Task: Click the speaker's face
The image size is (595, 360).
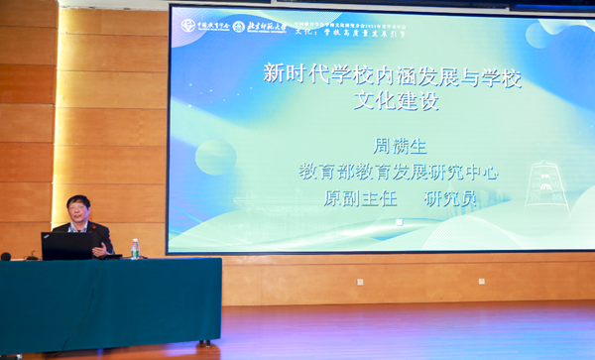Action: pos(77,211)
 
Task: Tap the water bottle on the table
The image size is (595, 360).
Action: pos(135,249)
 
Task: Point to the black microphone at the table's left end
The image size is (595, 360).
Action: pos(6,256)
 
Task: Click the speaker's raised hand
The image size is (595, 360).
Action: pos(99,248)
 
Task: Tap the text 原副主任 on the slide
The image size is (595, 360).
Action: pos(359,198)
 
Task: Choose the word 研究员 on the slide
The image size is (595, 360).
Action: pos(451,198)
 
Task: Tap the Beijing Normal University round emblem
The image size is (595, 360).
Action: pos(239,26)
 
